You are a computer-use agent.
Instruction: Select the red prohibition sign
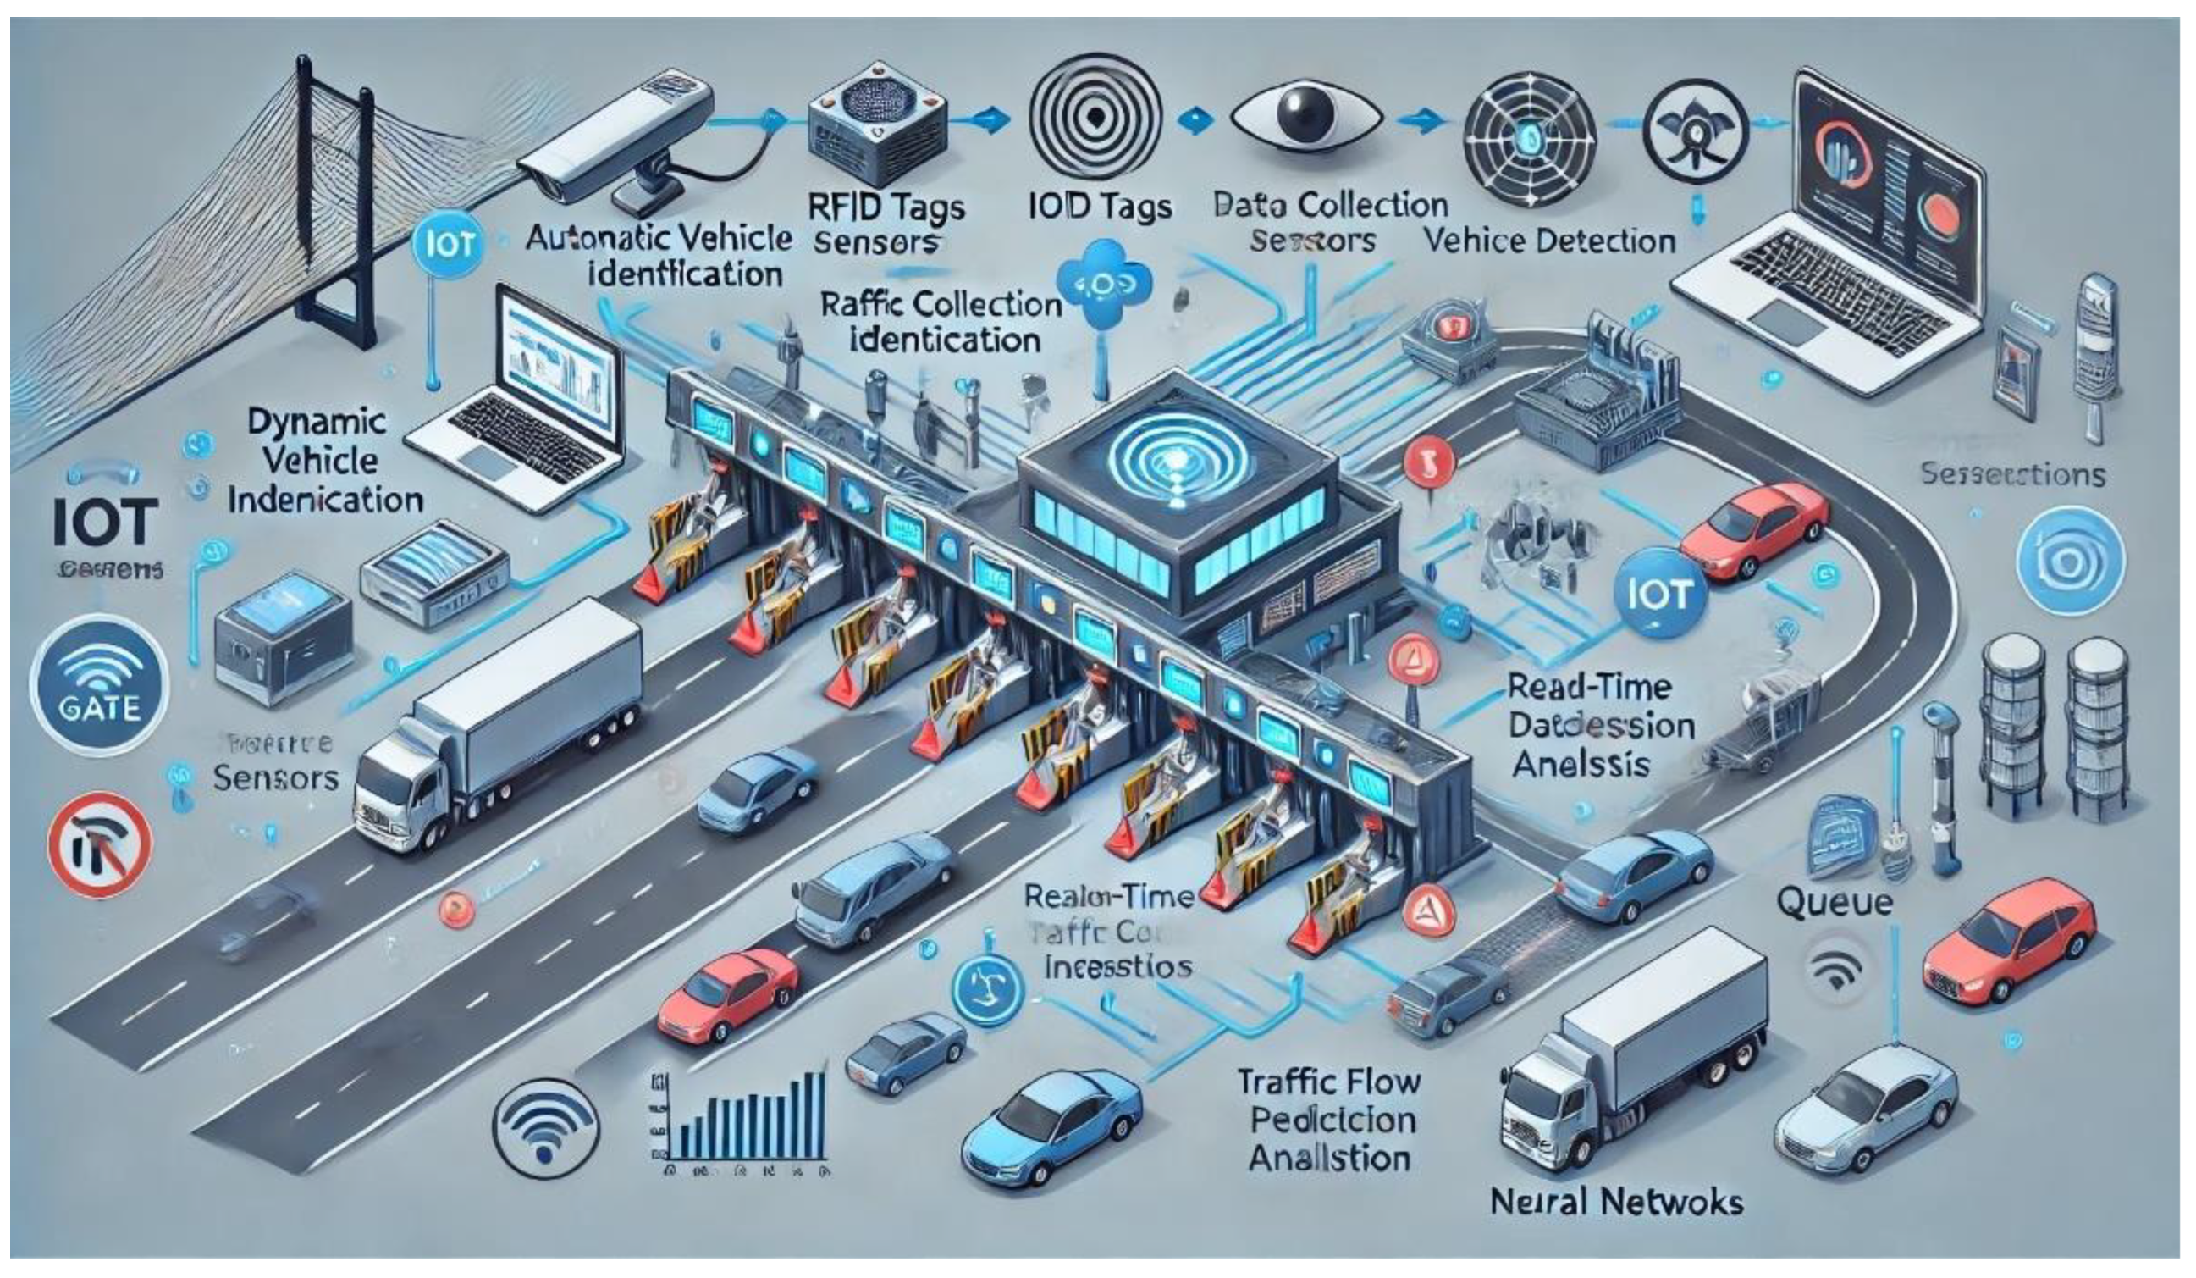pyautogui.click(x=98, y=844)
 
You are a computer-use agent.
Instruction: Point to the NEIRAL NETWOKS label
pyautogui.click(x=1616, y=1203)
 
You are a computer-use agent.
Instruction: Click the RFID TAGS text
pyautogui.click(x=887, y=208)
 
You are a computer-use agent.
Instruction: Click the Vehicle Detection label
pyautogui.click(x=1549, y=241)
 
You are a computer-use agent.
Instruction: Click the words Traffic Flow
pyautogui.click(x=1329, y=1082)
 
